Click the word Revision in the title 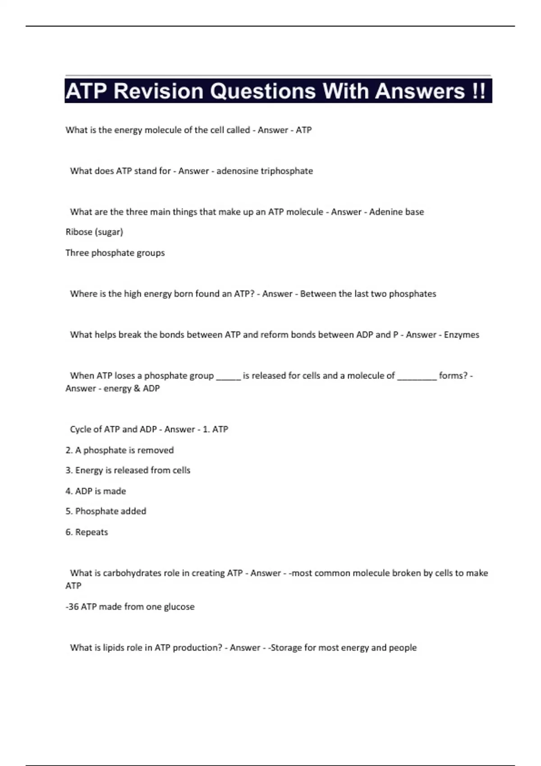[x=159, y=91]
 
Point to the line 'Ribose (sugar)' [x=94, y=232]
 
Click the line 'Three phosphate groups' [x=115, y=253]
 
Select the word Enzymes [x=461, y=335]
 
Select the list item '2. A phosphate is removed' [x=119, y=450]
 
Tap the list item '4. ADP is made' [x=96, y=491]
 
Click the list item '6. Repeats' [x=87, y=532]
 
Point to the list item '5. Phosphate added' [x=105, y=511]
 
